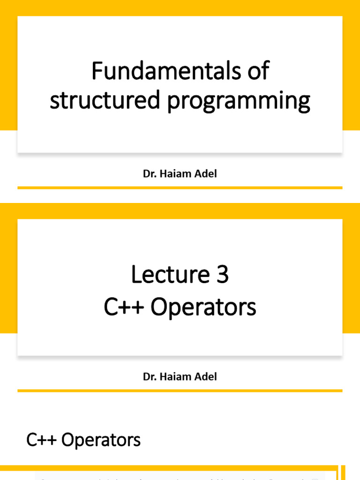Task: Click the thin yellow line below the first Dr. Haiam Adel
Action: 180,187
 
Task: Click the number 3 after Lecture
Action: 222,275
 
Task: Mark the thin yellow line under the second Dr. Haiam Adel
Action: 180,390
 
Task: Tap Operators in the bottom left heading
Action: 101,440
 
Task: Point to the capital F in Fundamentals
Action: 97,71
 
